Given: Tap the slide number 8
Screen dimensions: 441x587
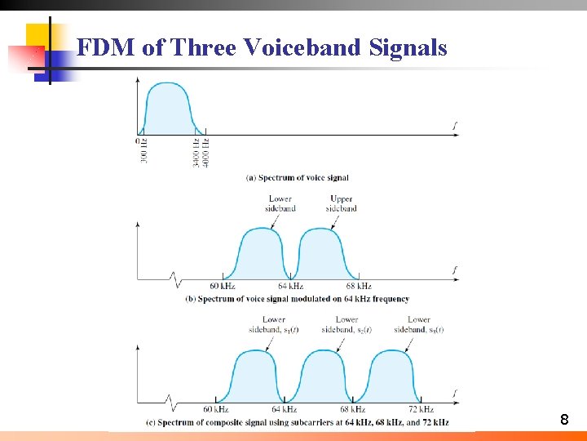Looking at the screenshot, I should click(564, 421).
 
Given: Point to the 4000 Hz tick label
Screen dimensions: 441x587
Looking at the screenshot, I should click(205, 153).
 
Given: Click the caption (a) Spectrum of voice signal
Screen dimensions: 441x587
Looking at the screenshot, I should click(297, 177).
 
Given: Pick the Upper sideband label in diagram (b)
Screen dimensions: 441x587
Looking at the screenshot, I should click(341, 203).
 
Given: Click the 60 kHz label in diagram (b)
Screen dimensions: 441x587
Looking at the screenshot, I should click(222, 287).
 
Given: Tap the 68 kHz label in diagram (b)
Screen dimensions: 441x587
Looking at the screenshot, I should click(359, 287).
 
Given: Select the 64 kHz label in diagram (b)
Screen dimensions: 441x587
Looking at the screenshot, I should click(291, 287).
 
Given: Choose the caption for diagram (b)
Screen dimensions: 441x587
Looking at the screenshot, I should click(298, 299).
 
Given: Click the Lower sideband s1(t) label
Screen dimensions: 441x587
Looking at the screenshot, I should click(274, 324).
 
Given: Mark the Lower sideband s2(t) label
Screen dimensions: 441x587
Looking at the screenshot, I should click(346, 324).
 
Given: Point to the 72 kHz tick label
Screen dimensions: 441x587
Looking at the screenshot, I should click(421, 409).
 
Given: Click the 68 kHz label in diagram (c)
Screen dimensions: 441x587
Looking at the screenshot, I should click(352, 409).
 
